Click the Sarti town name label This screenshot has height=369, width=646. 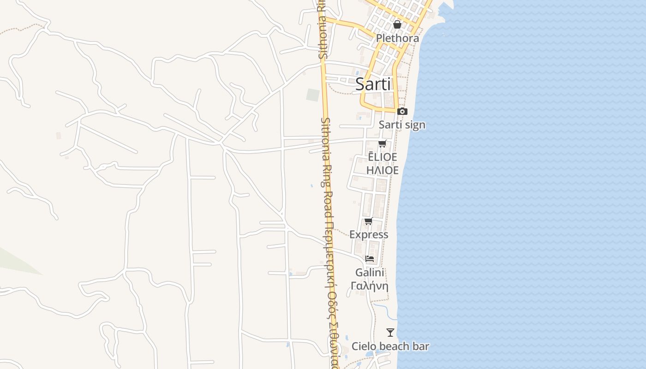click(x=373, y=84)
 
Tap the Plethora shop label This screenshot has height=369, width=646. click(x=397, y=38)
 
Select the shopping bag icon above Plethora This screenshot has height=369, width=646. click(x=397, y=24)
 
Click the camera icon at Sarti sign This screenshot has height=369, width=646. click(x=402, y=111)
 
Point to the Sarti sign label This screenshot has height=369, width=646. click(x=402, y=125)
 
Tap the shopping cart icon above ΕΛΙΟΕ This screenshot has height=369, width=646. click(x=382, y=143)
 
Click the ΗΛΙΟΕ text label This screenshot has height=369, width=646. click(x=382, y=170)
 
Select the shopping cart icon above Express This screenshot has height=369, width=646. click(x=368, y=221)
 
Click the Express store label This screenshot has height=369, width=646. click(x=369, y=234)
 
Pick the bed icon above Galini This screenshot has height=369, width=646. click(x=370, y=259)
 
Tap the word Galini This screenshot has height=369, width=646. click(x=370, y=272)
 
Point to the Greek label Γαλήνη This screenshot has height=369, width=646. click(x=370, y=286)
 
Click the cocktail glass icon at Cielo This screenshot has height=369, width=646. click(x=390, y=333)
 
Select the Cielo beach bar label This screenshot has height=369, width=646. click(x=390, y=346)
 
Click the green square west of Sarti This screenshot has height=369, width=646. click(x=313, y=95)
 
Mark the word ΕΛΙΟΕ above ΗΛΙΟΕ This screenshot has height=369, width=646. click(x=382, y=157)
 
